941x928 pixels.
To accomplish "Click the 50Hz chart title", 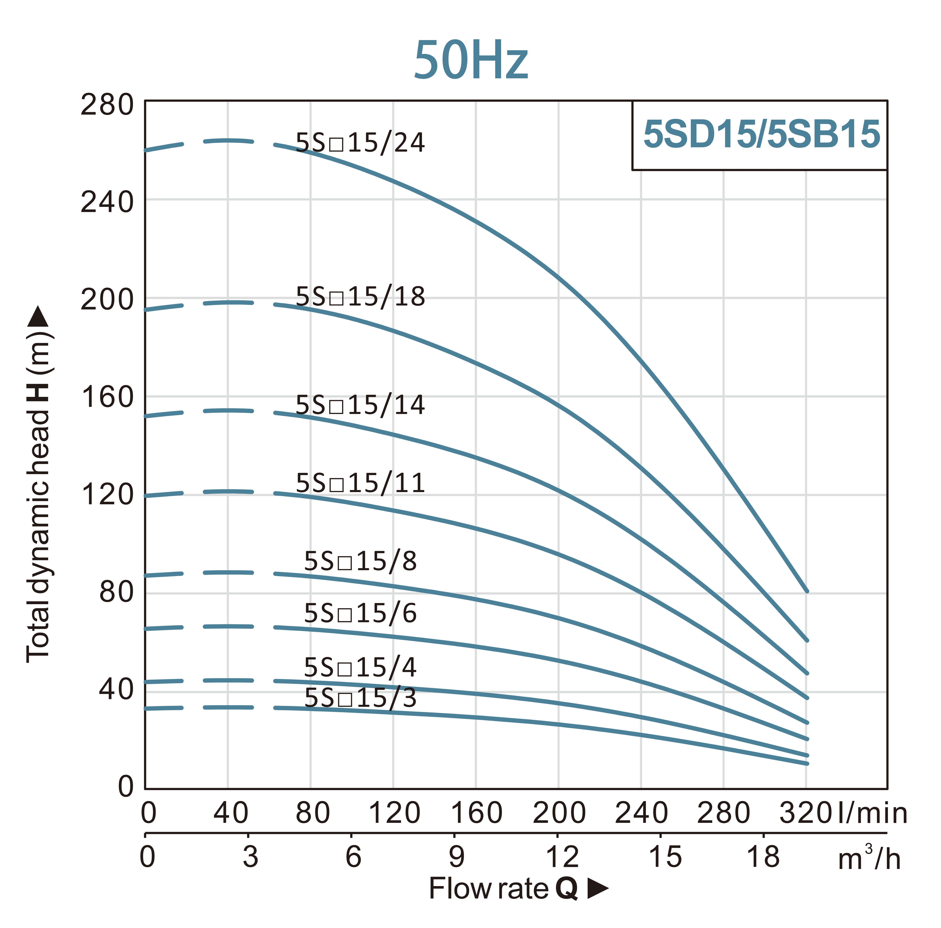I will [x=471, y=60].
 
